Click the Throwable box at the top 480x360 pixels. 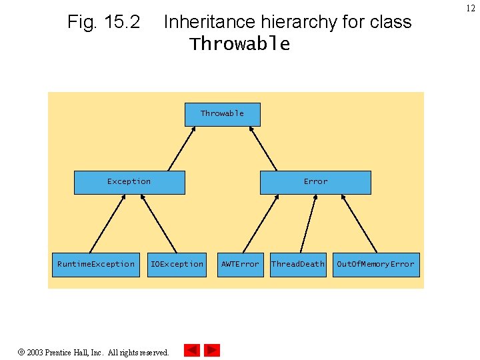pyautogui.click(x=222, y=114)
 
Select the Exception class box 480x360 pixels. pyautogui.click(x=129, y=182)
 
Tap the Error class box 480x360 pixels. pyautogui.click(x=315, y=182)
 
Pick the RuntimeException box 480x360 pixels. pyautogui.click(x=96, y=265)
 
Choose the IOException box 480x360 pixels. pyautogui.click(x=177, y=265)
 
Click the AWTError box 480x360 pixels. pyautogui.click(x=240, y=265)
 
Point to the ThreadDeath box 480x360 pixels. pyautogui.click(x=297, y=265)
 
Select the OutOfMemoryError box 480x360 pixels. pyautogui.click(x=375, y=265)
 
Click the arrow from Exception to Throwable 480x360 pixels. pyautogui.click(x=181, y=149)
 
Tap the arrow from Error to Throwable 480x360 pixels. pyautogui.click(x=262, y=149)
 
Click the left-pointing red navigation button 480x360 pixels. pyautogui.click(x=192, y=350)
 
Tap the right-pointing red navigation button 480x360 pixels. pyautogui.click(x=211, y=350)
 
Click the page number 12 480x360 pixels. pyautogui.click(x=470, y=7)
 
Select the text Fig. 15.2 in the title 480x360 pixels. pyautogui.click(x=103, y=23)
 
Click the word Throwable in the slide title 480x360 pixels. pyautogui.click(x=240, y=45)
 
